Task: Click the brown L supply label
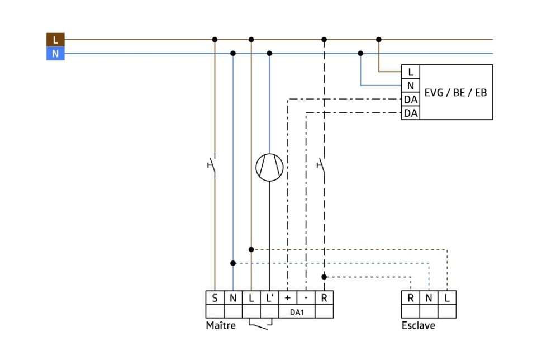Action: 55,40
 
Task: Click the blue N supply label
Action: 55,54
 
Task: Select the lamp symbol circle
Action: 269,167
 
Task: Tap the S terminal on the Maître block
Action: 215,298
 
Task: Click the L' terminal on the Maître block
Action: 269,298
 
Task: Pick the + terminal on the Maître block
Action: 288,298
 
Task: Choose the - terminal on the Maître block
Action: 306,298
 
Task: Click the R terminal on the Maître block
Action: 324,298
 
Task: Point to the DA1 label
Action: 297,312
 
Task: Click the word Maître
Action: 221,326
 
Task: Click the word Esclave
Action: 418,326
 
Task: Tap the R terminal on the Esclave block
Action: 411,298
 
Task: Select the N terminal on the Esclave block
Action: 429,298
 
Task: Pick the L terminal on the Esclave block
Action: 447,298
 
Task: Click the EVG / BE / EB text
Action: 455,92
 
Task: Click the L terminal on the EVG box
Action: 411,72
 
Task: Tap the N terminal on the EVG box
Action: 411,86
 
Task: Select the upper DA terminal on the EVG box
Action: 411,100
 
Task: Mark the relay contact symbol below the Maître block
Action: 260,325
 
